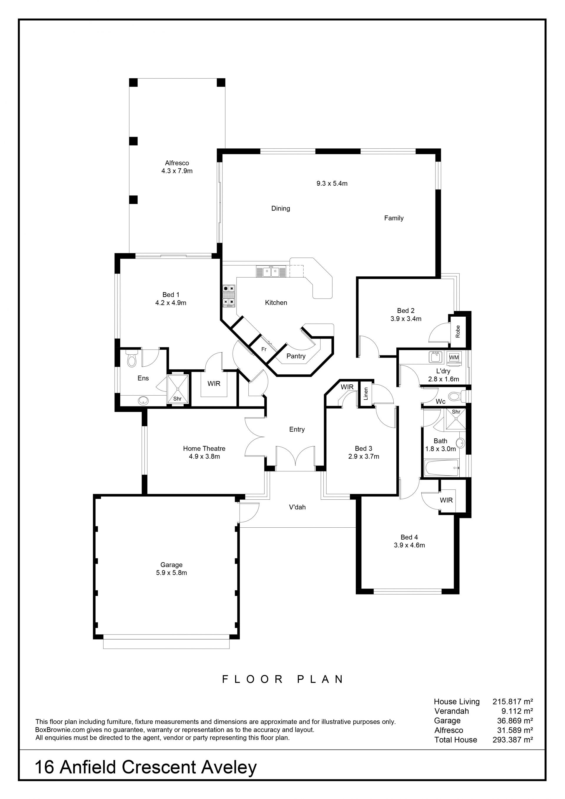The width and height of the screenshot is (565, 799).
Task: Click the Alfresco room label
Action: click(177, 163)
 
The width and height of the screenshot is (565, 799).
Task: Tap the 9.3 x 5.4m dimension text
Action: click(332, 183)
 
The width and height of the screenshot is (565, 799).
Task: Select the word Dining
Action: click(281, 208)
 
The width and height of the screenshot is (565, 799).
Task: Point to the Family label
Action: click(394, 218)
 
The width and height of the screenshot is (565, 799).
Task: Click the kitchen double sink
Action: click(271, 271)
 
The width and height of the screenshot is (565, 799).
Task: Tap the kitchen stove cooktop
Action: click(229, 296)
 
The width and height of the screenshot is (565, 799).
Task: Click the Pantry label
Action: click(296, 356)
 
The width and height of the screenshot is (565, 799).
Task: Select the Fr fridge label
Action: click(264, 349)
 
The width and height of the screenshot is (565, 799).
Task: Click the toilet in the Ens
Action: click(132, 358)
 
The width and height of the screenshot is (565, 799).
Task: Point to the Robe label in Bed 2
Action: click(458, 331)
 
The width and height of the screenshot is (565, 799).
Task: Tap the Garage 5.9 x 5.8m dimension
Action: click(172, 572)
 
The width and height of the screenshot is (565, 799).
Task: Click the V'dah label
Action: click(297, 507)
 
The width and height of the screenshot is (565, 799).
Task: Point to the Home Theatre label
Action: click(204, 448)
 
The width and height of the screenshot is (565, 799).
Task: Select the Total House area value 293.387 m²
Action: click(512, 740)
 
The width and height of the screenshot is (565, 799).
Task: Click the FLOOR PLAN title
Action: click(283, 679)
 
